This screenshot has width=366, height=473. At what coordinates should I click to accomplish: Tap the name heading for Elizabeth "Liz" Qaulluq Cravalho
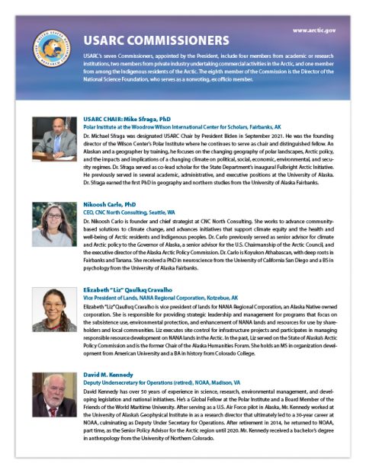coord(137,290)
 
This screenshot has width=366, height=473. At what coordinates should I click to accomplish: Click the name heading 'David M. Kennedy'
coord(111,376)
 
